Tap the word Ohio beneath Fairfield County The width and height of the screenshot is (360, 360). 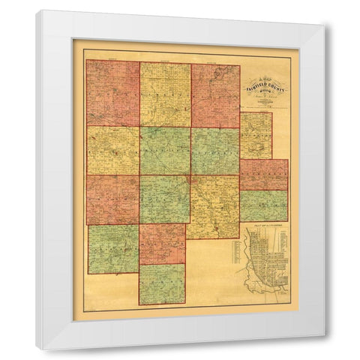tap(264, 90)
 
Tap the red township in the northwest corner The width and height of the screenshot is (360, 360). tap(112, 94)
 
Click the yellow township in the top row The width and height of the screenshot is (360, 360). tap(165, 94)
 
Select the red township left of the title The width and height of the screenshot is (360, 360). tap(215, 96)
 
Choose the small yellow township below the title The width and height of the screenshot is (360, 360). tap(256, 135)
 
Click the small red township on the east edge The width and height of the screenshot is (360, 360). tap(264, 174)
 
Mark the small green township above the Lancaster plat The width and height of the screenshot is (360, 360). tap(264, 205)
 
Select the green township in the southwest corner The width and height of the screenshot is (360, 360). tap(112, 249)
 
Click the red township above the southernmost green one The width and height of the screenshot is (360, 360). tap(162, 243)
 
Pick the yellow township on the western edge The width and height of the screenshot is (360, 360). tap(112, 150)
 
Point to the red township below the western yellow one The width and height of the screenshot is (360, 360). tap(112, 199)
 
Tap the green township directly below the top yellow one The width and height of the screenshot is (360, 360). tap(165, 150)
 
